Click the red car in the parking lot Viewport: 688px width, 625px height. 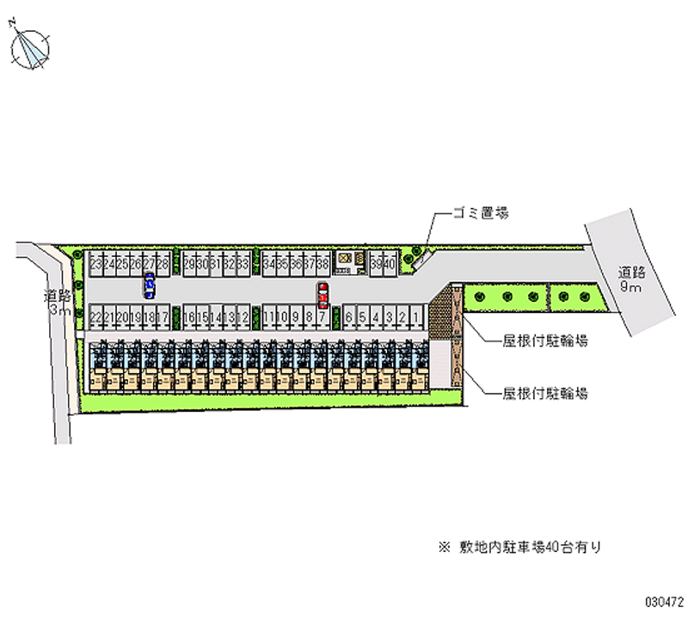(x=322, y=295)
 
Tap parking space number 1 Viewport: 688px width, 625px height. (x=416, y=317)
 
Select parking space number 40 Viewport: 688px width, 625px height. (x=390, y=264)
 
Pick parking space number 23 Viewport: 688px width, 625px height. (x=95, y=264)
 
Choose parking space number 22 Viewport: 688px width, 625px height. (x=95, y=317)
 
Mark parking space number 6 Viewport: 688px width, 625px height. (x=349, y=317)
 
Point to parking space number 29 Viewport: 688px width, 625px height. (x=188, y=264)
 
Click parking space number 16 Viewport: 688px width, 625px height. (x=188, y=317)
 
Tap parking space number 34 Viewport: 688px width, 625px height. (x=269, y=264)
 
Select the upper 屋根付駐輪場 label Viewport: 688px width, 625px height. (x=546, y=341)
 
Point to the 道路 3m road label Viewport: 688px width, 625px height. (x=58, y=303)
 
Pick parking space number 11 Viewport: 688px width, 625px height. (x=268, y=317)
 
